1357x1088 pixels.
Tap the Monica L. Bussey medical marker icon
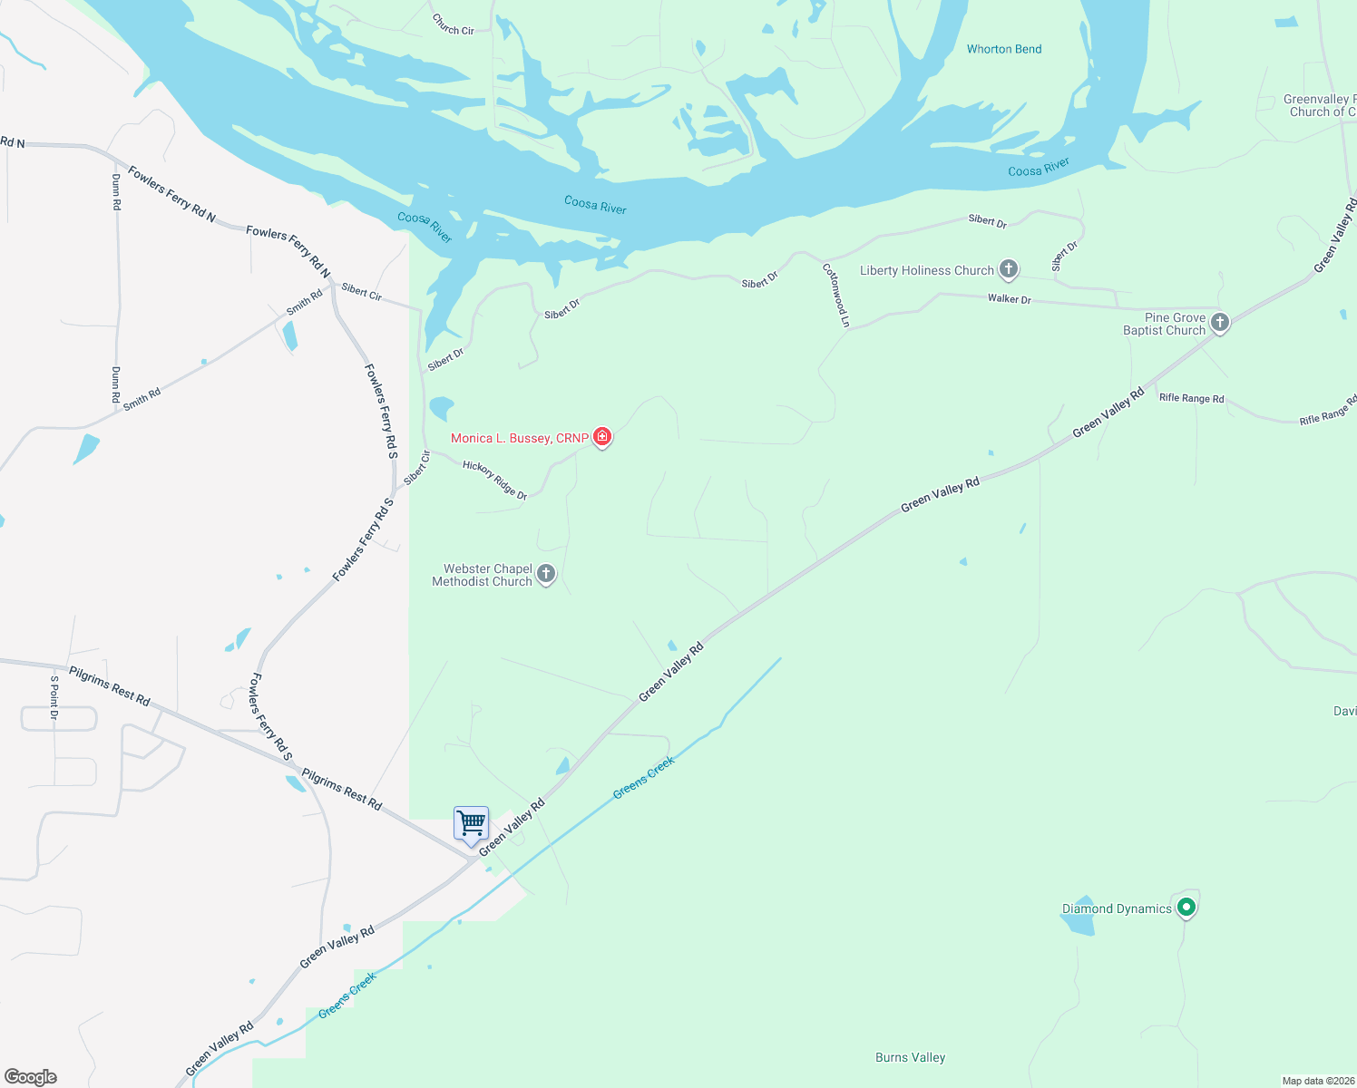point(602,437)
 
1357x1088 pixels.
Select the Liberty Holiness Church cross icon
point(1008,268)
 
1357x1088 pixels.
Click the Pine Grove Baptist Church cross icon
point(1220,322)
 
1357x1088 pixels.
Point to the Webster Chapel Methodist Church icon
point(546,573)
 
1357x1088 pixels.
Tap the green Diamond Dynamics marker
point(1186,906)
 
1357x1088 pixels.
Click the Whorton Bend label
point(1004,49)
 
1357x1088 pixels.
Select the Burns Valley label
point(910,1057)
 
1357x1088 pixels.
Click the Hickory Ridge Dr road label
point(494,480)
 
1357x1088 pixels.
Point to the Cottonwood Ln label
point(836,295)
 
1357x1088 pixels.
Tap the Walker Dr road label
point(1009,298)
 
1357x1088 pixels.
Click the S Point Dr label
point(54,697)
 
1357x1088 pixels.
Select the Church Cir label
point(453,24)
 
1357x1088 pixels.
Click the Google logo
point(31,1076)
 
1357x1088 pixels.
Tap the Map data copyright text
point(1317,1081)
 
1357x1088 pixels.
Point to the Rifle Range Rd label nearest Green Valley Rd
point(1191,398)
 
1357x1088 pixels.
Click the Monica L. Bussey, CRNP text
point(519,438)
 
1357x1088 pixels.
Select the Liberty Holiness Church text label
point(926,270)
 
